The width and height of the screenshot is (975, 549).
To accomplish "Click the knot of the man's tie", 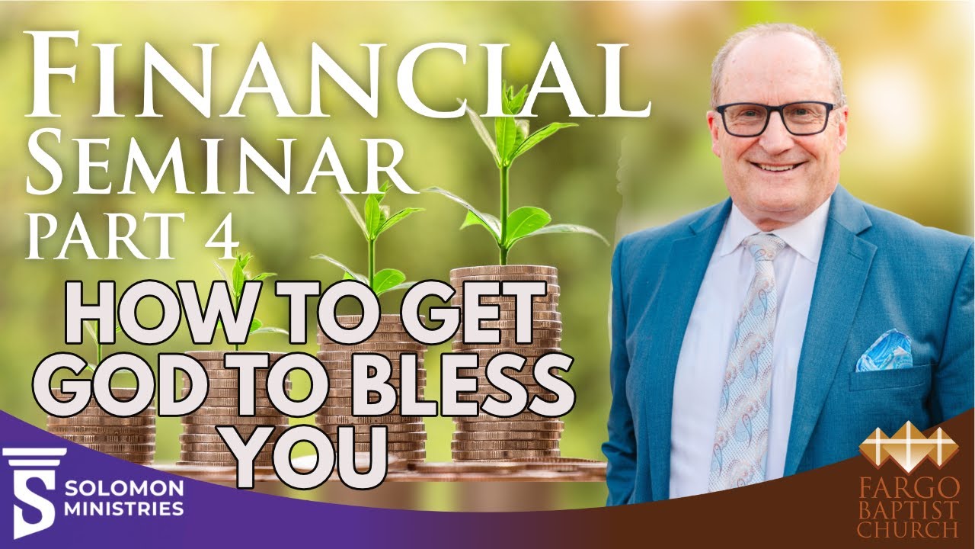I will [x=764, y=248].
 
